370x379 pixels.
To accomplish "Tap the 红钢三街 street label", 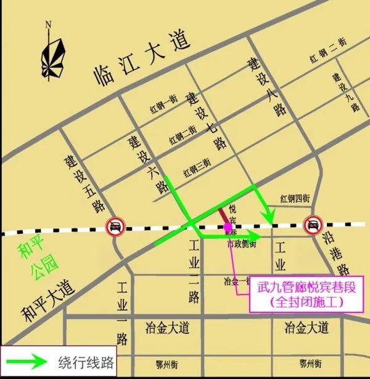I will tap(197, 165).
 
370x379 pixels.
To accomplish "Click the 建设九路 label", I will tap(345, 93).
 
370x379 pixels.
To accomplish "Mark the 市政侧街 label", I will tap(242, 244).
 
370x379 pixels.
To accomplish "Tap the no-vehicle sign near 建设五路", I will tap(115, 227).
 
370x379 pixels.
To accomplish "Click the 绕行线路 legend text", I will tap(83, 362).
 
